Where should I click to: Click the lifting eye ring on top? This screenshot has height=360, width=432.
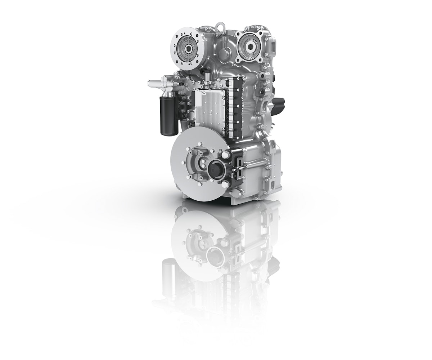coord(219,26)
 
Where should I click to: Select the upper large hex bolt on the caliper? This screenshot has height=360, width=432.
coord(226,155)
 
